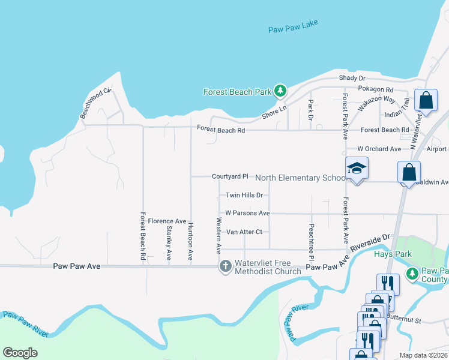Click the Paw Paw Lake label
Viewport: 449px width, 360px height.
(293, 26)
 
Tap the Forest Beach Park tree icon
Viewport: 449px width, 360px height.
(280, 91)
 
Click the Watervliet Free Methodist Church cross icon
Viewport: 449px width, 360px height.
(226, 266)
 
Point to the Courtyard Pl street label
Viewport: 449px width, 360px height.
(230, 176)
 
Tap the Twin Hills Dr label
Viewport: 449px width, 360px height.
(244, 195)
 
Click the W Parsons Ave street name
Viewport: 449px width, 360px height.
(247, 213)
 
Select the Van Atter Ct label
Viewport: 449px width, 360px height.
(244, 232)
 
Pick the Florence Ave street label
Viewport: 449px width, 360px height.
(167, 221)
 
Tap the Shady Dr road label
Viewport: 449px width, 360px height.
(352, 78)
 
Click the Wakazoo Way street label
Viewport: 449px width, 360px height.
(377, 103)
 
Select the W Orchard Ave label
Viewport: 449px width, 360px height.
(379, 148)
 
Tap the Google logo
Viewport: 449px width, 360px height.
(20, 353)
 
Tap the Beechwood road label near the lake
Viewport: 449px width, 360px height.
(96, 103)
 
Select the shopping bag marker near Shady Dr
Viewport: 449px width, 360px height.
(426, 101)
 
